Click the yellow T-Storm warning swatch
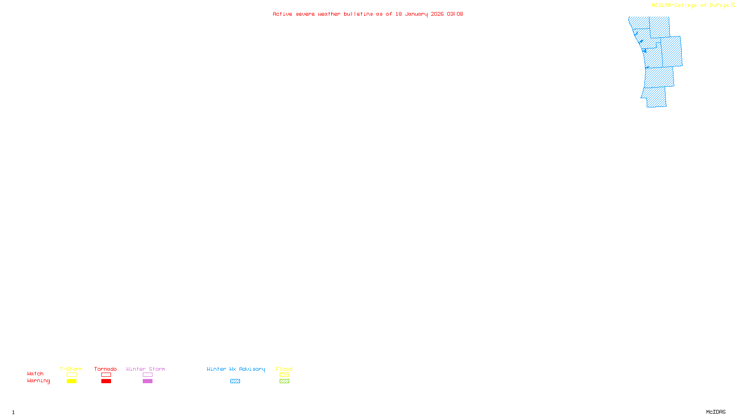coord(71,381)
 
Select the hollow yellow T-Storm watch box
coord(71,375)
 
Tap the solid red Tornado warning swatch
coord(106,381)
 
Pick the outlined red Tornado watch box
coord(106,375)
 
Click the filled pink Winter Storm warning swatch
coord(147,381)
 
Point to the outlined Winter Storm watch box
coord(147,375)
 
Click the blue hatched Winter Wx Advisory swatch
coord(235,381)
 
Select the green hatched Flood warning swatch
coord(284,381)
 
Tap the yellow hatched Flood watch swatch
coord(284,375)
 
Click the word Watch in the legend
coord(35,374)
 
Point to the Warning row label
coord(38,381)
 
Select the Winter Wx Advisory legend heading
coord(236,369)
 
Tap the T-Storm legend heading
coord(71,369)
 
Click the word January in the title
coord(416,14)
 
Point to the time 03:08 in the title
coord(455,14)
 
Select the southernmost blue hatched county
coord(655,97)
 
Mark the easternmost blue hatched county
coord(672,52)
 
